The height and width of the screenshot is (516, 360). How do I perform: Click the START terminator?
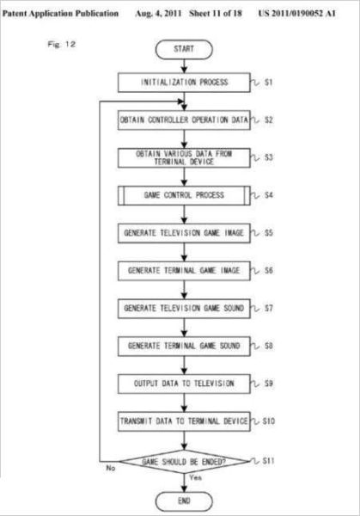pos(184,49)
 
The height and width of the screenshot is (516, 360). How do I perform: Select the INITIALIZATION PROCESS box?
pos(184,83)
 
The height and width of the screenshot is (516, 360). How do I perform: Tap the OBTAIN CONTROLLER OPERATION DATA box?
pos(184,120)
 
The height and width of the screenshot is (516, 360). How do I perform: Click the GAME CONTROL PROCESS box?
pos(184,195)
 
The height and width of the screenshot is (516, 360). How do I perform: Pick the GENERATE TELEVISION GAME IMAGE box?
pos(184,233)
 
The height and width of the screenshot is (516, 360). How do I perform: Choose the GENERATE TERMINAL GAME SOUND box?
pos(184,347)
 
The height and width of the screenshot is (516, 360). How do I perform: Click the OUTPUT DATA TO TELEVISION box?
pos(184,384)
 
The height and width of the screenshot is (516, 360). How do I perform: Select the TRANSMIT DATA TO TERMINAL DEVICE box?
pos(184,421)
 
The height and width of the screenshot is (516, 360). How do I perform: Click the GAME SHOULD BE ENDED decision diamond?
pos(184,462)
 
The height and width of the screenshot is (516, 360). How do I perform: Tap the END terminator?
pos(184,501)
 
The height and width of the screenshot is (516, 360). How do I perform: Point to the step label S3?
pos(269,157)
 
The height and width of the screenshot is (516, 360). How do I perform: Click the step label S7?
pos(269,309)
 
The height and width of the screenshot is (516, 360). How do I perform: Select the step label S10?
pos(269,421)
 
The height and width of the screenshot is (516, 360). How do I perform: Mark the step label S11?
pos(269,461)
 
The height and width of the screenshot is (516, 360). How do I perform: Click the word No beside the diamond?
pos(111,468)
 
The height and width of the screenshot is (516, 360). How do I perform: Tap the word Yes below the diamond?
pos(196,477)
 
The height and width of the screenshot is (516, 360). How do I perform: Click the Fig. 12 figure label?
pos(62,44)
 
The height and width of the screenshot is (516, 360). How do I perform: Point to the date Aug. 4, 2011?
pos(158,14)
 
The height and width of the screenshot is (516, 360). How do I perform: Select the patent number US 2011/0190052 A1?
pos(297,14)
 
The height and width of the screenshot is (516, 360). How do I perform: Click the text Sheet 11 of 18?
pos(216,14)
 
